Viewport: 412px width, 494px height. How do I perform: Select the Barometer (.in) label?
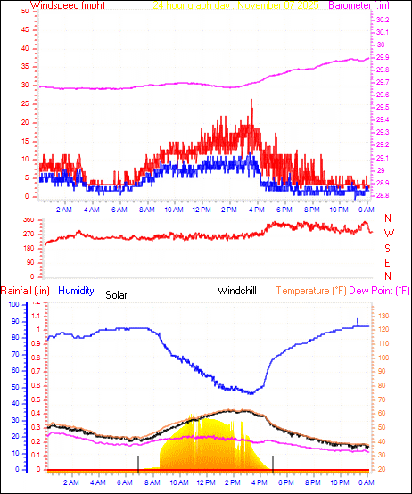point(367,6)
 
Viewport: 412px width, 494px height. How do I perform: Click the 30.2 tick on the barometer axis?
point(382,20)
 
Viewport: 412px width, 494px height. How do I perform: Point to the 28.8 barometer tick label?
point(382,195)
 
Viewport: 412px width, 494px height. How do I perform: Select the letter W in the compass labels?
point(388,234)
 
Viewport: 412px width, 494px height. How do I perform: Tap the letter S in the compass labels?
point(388,249)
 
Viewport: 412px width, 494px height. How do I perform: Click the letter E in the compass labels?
point(388,263)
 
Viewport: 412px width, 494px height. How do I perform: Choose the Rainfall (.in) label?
point(24,291)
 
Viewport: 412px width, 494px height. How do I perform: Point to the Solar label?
point(118,294)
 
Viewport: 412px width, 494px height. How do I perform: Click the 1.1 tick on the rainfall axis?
point(37,316)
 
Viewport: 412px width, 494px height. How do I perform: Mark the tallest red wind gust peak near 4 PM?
point(251,100)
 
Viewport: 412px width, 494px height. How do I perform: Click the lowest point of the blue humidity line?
point(252,392)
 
